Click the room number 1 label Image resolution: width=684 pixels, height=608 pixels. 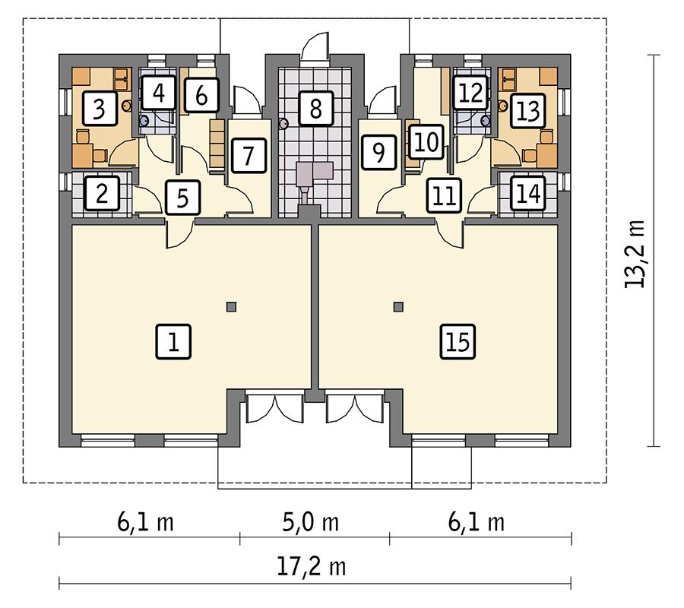pyautogui.click(x=173, y=342)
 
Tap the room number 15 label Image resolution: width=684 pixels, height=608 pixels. pyautogui.click(x=458, y=342)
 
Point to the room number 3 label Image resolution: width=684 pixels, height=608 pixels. pyautogui.click(x=99, y=109)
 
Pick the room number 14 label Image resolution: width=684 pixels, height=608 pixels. pyautogui.click(x=527, y=194)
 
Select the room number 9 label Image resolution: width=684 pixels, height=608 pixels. pyautogui.click(x=378, y=152)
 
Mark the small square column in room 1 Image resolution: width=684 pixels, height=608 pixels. pyautogui.click(x=231, y=307)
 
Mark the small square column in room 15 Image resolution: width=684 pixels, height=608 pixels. pyautogui.click(x=398, y=307)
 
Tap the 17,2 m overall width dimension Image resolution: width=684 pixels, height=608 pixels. pyautogui.click(x=315, y=566)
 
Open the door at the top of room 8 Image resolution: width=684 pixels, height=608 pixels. pyautogui.click(x=315, y=47)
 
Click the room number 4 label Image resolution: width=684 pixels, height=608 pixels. pyautogui.click(x=158, y=94)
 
